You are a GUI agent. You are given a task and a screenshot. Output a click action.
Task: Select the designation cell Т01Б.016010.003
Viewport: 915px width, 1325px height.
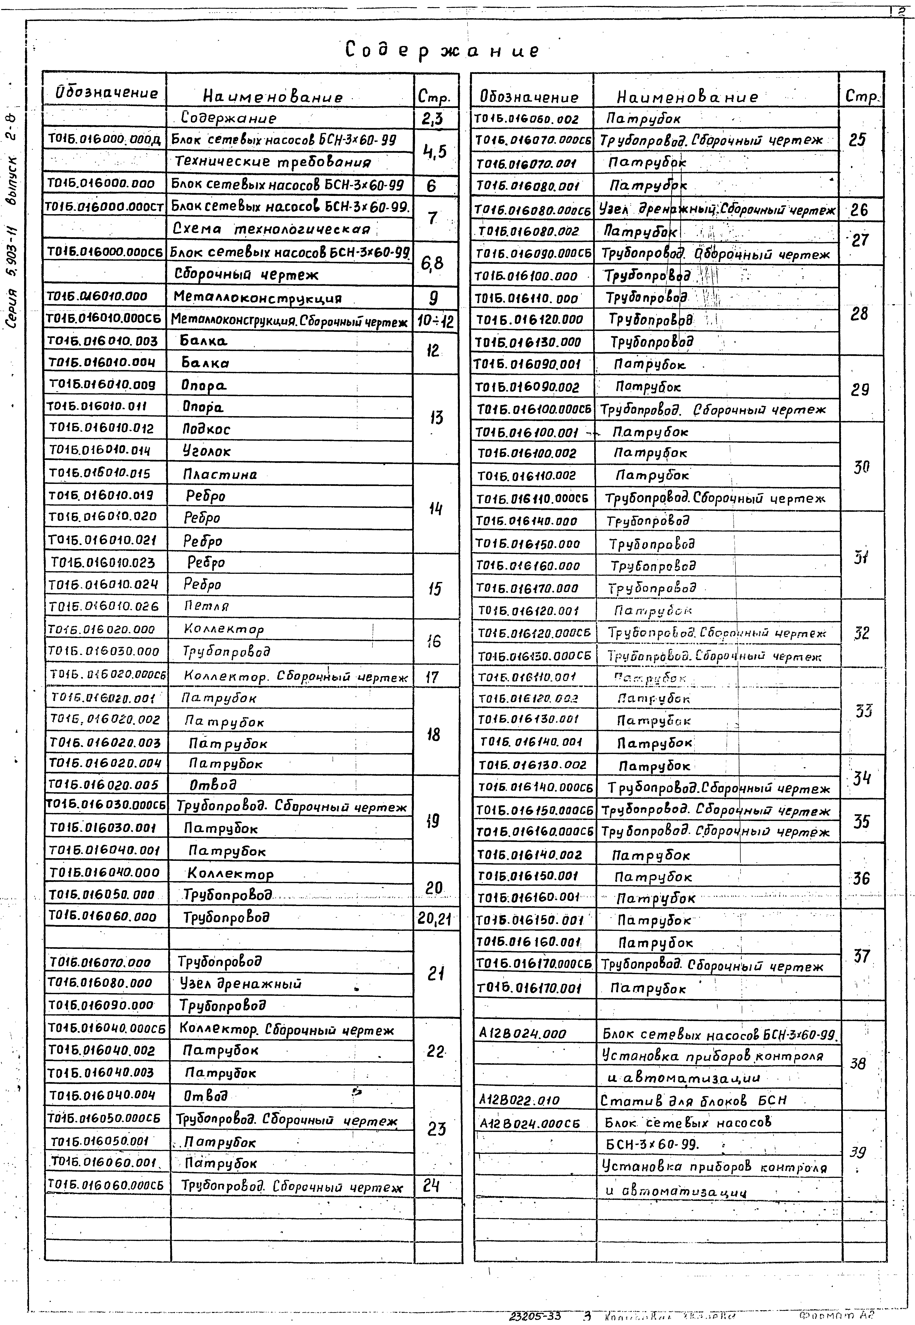click(x=103, y=341)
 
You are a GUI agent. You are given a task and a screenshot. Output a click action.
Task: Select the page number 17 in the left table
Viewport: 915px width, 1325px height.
click(x=432, y=677)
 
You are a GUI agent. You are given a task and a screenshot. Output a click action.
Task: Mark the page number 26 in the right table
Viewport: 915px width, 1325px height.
click(x=859, y=210)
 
